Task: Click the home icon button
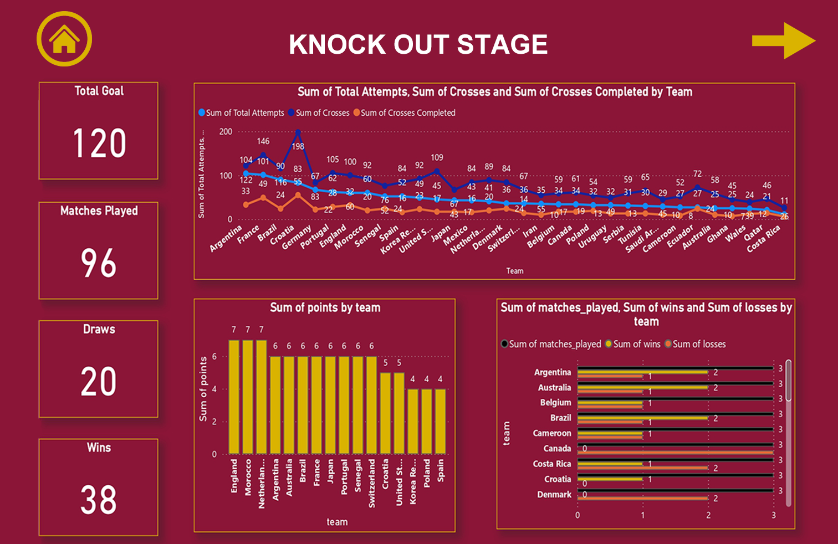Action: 64,39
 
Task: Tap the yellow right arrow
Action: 783,40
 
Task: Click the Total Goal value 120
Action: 99,143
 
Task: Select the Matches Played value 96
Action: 99,263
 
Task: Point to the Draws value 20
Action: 99,382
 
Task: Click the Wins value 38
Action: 99,500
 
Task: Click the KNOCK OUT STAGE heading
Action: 418,44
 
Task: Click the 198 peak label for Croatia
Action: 298,146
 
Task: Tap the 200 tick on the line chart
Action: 226,132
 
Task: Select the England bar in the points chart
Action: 234,397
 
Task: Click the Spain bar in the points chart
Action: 441,422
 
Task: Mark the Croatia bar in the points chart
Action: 386,413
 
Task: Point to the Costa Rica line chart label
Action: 764,239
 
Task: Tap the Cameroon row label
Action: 552,433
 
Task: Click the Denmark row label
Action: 554,495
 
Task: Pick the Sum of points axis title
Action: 203,389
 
